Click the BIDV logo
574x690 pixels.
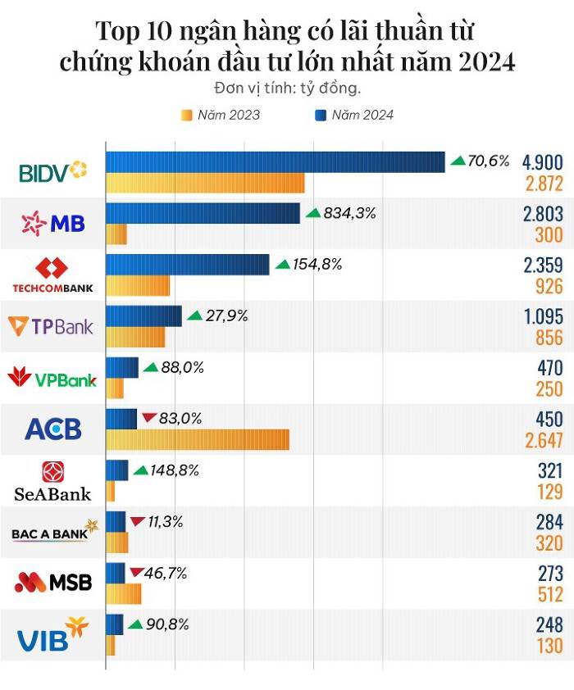click(x=52, y=172)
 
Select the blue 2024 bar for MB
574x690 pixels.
click(x=203, y=214)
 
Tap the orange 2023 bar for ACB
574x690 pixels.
click(x=198, y=439)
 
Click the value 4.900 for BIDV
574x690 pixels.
click(x=544, y=161)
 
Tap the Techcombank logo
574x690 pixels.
click(x=52, y=275)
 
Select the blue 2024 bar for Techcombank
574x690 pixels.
click(x=188, y=265)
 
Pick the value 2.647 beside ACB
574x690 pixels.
click(x=544, y=442)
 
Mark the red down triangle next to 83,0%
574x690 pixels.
click(x=148, y=419)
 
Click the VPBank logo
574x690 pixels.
click(x=52, y=379)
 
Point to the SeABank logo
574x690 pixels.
click(x=52, y=481)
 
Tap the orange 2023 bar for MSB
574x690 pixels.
click(x=124, y=593)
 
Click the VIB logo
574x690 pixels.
click(x=52, y=634)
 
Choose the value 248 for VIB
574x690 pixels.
click(x=547, y=624)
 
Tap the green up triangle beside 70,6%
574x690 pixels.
click(x=458, y=161)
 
